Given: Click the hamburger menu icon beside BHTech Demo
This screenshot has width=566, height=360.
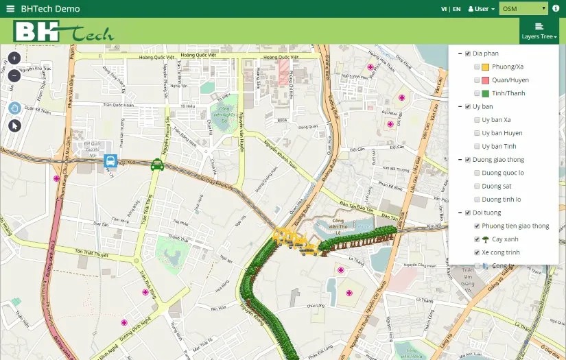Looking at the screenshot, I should click(x=10, y=9).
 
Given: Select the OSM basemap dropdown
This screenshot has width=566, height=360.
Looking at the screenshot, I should click(x=523, y=9).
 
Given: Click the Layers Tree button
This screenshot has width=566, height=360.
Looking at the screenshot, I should click(x=539, y=31).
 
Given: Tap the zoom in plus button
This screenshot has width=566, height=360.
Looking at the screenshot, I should click(x=14, y=58).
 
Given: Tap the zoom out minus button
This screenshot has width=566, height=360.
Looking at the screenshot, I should click(x=14, y=75).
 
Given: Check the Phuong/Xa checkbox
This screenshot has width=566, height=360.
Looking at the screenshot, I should click(x=477, y=67).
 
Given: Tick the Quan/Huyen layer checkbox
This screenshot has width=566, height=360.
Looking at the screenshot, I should click(x=477, y=80).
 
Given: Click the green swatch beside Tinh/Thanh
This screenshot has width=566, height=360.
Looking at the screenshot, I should click(x=485, y=93).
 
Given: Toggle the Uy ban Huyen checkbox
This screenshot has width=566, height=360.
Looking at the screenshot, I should click(x=477, y=133).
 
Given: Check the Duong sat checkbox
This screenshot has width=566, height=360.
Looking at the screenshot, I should click(x=477, y=186).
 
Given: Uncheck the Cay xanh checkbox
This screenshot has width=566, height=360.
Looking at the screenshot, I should click(x=477, y=239).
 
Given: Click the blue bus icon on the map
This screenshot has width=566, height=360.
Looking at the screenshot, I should click(x=110, y=161).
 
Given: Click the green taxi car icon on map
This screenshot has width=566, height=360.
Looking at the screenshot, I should click(x=157, y=163).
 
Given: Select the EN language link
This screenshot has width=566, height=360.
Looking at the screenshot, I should click(x=456, y=9).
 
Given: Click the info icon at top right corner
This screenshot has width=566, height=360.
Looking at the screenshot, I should click(x=556, y=9).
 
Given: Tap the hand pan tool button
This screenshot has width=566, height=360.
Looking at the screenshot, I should click(x=14, y=108).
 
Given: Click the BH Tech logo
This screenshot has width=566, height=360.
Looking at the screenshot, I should click(x=63, y=32).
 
